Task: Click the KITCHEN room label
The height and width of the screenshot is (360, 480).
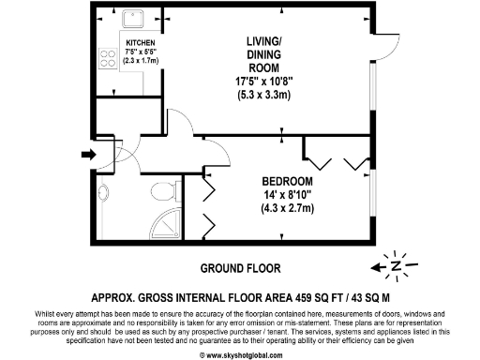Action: pyautogui.click(x=140, y=43)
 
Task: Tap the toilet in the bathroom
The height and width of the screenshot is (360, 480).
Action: pyautogui.click(x=167, y=193)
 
